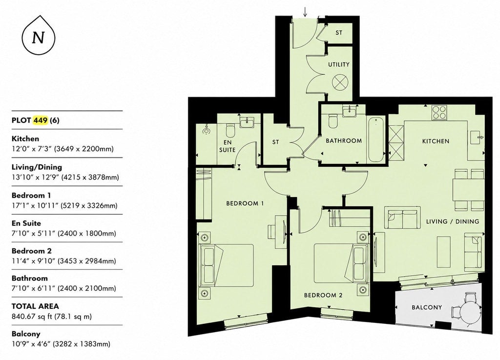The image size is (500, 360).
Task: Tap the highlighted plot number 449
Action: tap(40, 120)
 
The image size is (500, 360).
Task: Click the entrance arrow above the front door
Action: tap(305, 12)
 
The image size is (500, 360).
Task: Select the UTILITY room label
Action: tap(339, 64)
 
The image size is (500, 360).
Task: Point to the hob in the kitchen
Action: tap(439, 113)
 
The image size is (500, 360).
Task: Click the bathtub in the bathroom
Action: tap(376, 140)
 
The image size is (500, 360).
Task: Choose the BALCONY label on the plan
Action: tap(427, 307)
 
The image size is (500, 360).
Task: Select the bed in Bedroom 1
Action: tap(226, 265)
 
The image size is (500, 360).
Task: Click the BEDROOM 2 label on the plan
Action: tap(323, 295)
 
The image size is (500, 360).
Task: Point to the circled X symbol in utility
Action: tap(339, 82)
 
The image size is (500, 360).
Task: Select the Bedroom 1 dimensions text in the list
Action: tap(64, 205)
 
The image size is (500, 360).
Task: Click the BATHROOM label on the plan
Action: tap(344, 140)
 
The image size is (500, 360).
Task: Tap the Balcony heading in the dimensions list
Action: tap(26, 334)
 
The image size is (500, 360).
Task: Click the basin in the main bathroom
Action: tap(351, 112)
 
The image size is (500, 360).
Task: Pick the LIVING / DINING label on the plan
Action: tap(453, 221)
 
